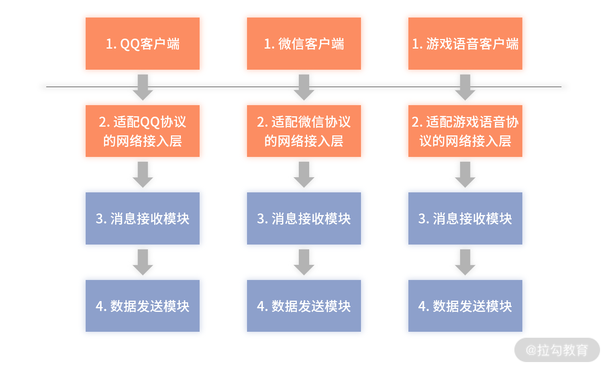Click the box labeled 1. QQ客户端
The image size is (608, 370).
click(143, 44)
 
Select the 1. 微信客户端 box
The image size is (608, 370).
click(304, 44)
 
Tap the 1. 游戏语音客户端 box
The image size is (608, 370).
click(465, 44)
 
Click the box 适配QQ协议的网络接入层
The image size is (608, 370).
click(143, 131)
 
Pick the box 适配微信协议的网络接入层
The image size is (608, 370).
click(304, 131)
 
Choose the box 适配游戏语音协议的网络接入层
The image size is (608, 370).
click(465, 131)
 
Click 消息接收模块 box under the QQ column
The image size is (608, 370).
click(143, 218)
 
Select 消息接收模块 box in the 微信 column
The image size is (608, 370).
click(304, 218)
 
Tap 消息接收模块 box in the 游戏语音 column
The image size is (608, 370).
click(465, 218)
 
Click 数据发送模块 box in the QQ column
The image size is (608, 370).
click(143, 306)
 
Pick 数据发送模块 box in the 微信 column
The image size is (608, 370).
click(304, 306)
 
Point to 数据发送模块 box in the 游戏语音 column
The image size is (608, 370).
click(465, 306)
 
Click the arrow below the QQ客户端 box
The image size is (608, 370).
click(143, 87)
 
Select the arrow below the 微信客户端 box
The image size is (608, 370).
click(304, 87)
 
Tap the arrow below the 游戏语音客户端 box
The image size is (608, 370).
click(465, 87)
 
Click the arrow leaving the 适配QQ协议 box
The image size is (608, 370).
click(143, 175)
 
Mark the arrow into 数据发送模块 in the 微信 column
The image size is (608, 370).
click(304, 262)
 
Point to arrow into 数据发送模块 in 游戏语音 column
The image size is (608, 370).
click(465, 262)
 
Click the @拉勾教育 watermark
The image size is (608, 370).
click(557, 350)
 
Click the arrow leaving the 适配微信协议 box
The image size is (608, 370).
click(304, 175)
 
